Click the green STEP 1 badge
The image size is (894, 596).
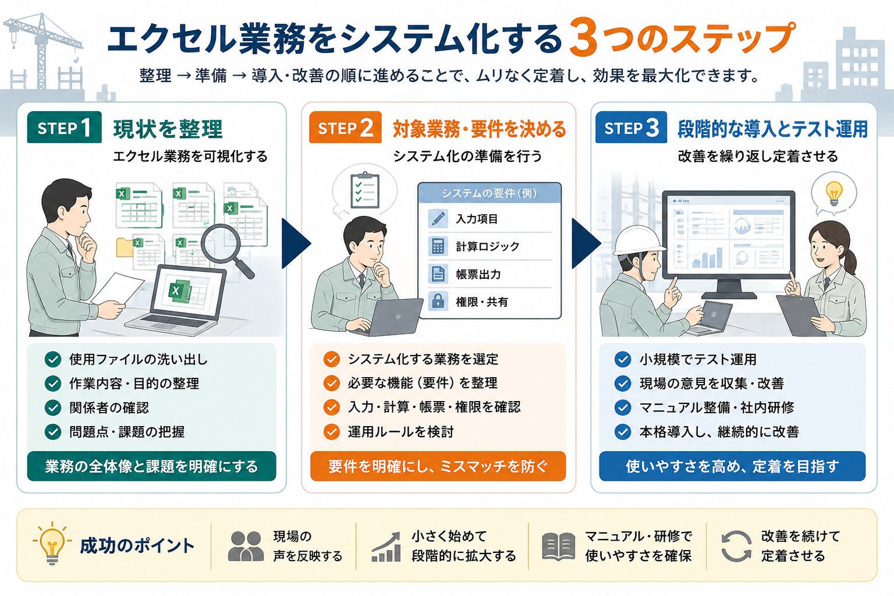64,127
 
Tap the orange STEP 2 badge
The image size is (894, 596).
345,127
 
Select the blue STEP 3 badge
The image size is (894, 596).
631,127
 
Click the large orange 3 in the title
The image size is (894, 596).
584,37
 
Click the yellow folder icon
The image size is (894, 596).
125,247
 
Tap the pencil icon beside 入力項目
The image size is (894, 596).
438,219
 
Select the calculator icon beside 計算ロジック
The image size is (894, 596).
438,246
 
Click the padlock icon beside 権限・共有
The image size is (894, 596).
438,301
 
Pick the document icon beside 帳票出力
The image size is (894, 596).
438,274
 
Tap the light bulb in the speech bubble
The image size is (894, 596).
833,193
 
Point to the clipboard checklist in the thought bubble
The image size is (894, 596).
364,190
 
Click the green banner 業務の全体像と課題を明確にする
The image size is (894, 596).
152,466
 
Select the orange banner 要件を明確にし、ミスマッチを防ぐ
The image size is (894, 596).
438,466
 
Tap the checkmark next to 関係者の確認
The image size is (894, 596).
53,407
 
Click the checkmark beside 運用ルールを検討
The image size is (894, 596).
332,431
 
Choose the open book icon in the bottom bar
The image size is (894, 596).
558,546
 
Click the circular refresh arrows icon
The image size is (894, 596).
736,546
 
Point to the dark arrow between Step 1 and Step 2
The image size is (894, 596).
296,243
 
